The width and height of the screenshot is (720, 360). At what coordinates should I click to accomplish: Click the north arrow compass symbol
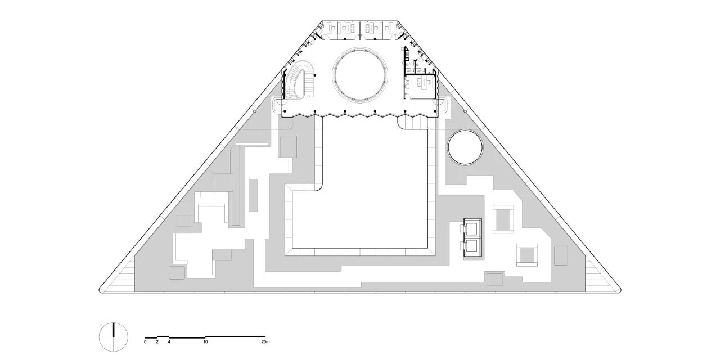(x=114, y=337)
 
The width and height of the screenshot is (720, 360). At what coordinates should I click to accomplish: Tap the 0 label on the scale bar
(x=145, y=341)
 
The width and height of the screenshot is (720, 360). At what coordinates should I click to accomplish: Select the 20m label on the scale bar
(x=265, y=341)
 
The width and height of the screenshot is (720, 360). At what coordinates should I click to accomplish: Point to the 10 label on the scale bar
(x=205, y=341)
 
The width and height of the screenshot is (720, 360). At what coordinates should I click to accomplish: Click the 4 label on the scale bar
(x=169, y=341)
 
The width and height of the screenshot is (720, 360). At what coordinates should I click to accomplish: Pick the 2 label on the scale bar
(x=157, y=341)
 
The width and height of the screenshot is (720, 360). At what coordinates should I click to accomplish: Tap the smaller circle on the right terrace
(x=465, y=148)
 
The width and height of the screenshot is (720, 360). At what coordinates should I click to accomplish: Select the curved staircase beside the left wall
(x=298, y=80)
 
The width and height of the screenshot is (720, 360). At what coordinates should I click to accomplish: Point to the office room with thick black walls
(x=421, y=86)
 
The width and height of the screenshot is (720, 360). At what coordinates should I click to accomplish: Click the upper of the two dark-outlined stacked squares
(x=472, y=228)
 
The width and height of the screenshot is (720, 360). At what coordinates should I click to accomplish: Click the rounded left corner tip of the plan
(x=100, y=291)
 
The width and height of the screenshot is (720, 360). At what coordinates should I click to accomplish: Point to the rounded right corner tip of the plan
(x=620, y=291)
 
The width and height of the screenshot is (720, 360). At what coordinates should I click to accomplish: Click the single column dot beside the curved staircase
(x=315, y=75)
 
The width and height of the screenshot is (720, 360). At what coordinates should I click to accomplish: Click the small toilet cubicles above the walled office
(x=415, y=66)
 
